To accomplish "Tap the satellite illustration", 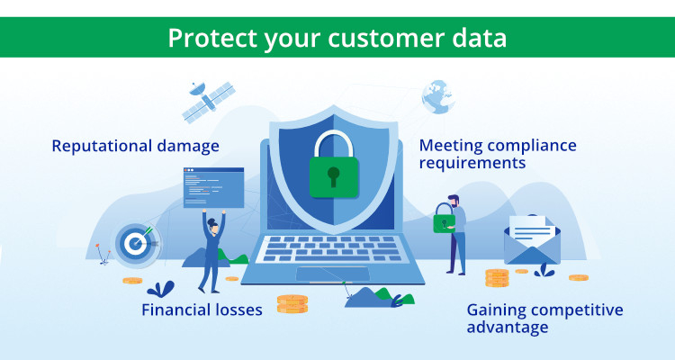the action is [x=209, y=101].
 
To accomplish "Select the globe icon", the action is [x=437, y=97].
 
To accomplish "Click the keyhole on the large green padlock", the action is [x=333, y=176].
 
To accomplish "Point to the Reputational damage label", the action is [x=135, y=147].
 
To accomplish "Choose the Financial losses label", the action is [x=202, y=310].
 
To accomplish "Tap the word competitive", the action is [x=576, y=310].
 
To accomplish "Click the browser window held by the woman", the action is [x=213, y=188].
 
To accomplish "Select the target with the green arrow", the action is [x=135, y=243].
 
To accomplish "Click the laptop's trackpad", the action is [x=333, y=274].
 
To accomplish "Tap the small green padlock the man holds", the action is [x=445, y=219].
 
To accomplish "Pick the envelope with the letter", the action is [x=533, y=240].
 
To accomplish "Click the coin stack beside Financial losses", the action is [x=292, y=303].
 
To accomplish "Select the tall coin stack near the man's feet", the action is [x=497, y=278].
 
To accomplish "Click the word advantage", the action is [x=508, y=328].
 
